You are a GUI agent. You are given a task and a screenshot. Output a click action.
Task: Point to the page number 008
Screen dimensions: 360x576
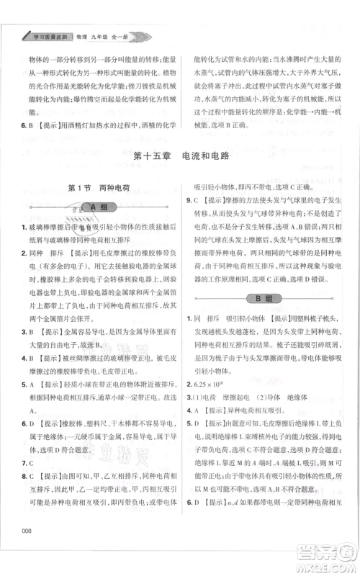(29, 551)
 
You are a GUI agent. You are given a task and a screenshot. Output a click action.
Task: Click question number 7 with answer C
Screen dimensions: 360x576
(25, 462)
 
